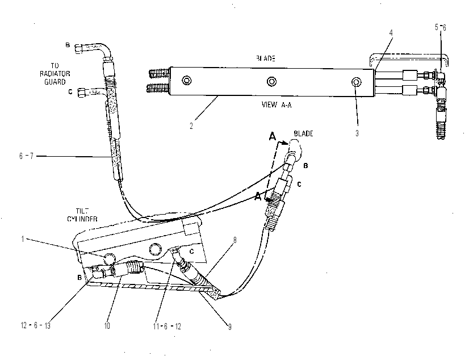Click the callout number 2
pos(191,126)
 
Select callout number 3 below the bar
pos(357,133)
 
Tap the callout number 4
pos(391,32)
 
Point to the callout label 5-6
pos(440,27)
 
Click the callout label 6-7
pos(26,156)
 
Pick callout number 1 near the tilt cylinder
pos(23,239)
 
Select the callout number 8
pos(235,240)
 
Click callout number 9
pos(230,327)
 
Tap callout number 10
pos(107,325)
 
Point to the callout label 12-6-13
pos(36,325)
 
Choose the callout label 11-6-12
pos(167,326)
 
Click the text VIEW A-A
pos(277,104)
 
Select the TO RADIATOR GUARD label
pos(55,74)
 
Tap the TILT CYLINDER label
pos(82,215)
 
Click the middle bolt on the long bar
pos(271,81)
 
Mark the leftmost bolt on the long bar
pos(187,80)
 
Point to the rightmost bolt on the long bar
pos(356,82)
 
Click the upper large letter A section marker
pos(272,136)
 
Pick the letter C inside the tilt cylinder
pos(192,252)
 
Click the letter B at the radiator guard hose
pos(68,45)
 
